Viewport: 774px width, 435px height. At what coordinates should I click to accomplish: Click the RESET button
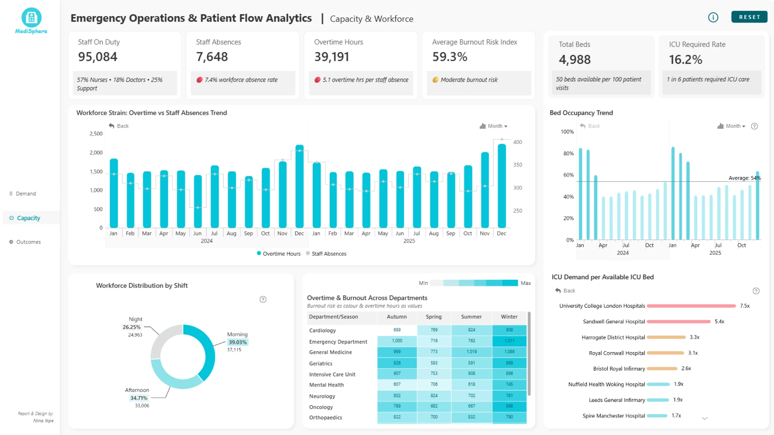[x=749, y=17]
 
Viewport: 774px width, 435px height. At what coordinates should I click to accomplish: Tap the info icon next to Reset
[x=713, y=17]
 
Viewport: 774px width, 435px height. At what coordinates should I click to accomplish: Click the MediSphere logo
[x=31, y=21]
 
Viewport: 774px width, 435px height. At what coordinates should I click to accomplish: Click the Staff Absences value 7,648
[x=212, y=57]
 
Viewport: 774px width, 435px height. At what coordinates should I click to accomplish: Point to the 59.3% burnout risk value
[x=450, y=57]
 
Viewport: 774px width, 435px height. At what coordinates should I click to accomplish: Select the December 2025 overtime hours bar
[x=501, y=186]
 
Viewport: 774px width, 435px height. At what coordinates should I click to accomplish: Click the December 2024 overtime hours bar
[x=299, y=186]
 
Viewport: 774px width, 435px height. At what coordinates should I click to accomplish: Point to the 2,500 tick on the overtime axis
[x=96, y=134]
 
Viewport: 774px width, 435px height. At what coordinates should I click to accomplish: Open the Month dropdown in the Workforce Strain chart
[x=493, y=126]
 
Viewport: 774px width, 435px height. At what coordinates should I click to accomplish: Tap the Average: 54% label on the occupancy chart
[x=745, y=178]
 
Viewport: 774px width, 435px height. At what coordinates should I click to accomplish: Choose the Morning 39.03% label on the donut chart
[x=237, y=342]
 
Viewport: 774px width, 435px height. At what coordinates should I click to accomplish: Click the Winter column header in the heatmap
[x=509, y=317]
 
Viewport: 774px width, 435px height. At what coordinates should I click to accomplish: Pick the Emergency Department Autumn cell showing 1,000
[x=397, y=341]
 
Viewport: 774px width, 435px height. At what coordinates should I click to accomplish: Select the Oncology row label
[x=321, y=407]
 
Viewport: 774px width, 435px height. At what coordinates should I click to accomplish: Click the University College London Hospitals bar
[x=691, y=306]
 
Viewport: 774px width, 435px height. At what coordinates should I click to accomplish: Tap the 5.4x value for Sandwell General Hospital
[x=720, y=321]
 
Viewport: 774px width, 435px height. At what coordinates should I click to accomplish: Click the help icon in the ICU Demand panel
[x=756, y=291]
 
